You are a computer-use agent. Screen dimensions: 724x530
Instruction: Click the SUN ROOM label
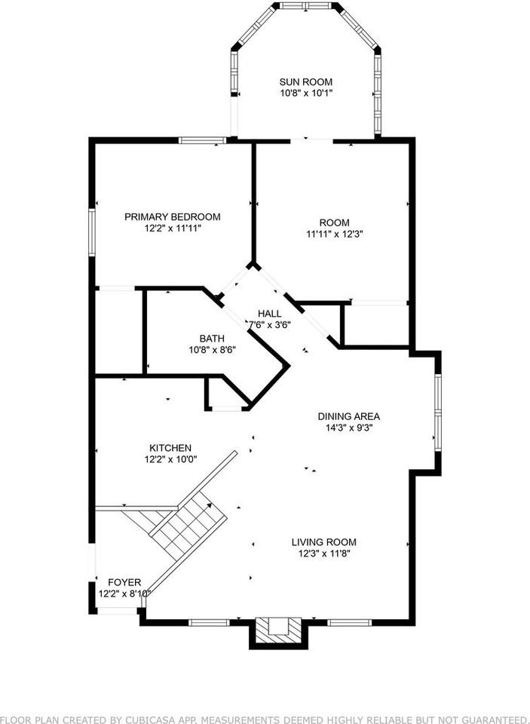pyautogui.click(x=305, y=82)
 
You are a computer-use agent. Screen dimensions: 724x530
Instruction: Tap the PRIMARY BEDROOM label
pyautogui.click(x=173, y=216)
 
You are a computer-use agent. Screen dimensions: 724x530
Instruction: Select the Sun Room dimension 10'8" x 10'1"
pyautogui.click(x=305, y=93)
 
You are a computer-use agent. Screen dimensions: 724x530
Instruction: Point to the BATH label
pyautogui.click(x=212, y=339)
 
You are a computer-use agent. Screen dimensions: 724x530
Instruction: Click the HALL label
pyautogui.click(x=269, y=314)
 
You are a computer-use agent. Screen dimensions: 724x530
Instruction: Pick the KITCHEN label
pyautogui.click(x=170, y=448)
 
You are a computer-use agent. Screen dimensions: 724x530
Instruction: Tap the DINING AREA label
pyautogui.click(x=348, y=416)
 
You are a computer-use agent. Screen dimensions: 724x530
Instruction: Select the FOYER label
pyautogui.click(x=124, y=582)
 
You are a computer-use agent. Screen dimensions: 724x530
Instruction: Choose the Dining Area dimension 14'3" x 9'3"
pyautogui.click(x=348, y=428)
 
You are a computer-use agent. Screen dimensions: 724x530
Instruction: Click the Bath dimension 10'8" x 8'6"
pyautogui.click(x=212, y=350)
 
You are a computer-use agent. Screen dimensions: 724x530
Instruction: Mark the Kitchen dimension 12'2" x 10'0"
pyautogui.click(x=170, y=459)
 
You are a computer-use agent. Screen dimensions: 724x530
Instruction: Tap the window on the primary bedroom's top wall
pyautogui.click(x=202, y=140)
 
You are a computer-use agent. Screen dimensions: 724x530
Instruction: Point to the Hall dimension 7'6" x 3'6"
pyautogui.click(x=270, y=325)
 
